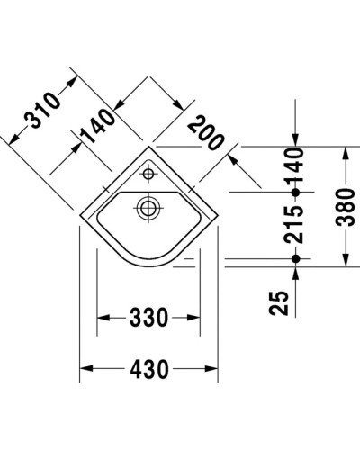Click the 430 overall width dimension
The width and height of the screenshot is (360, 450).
click(x=148, y=369)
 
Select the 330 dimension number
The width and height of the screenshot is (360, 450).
click(x=148, y=318)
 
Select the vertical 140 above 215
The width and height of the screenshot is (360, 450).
click(x=295, y=166)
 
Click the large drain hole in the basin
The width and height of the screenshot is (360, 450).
click(x=147, y=209)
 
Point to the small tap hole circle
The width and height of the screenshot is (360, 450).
click(x=149, y=171)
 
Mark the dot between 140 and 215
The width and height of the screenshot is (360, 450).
click(x=295, y=192)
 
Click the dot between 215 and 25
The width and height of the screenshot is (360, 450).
click(x=295, y=259)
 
